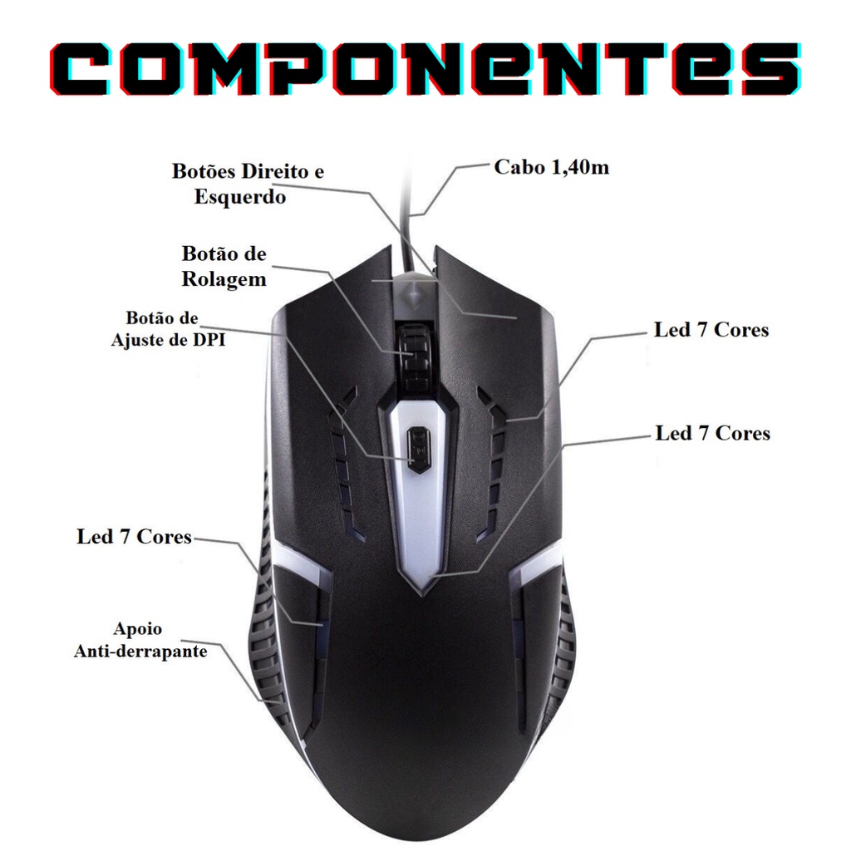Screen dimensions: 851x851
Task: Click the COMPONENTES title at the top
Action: tap(425, 70)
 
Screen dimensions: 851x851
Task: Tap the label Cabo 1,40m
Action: tap(552, 168)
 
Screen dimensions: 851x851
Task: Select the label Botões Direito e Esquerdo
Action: tap(248, 184)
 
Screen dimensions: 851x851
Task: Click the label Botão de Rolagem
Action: tap(224, 266)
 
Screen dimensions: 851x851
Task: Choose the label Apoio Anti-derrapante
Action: tap(140, 640)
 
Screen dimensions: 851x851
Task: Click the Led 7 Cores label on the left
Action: tap(134, 537)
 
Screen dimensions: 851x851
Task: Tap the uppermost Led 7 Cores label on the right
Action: tap(711, 330)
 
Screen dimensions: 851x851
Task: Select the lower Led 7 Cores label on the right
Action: tap(712, 433)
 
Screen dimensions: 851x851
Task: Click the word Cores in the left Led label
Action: tap(164, 537)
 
